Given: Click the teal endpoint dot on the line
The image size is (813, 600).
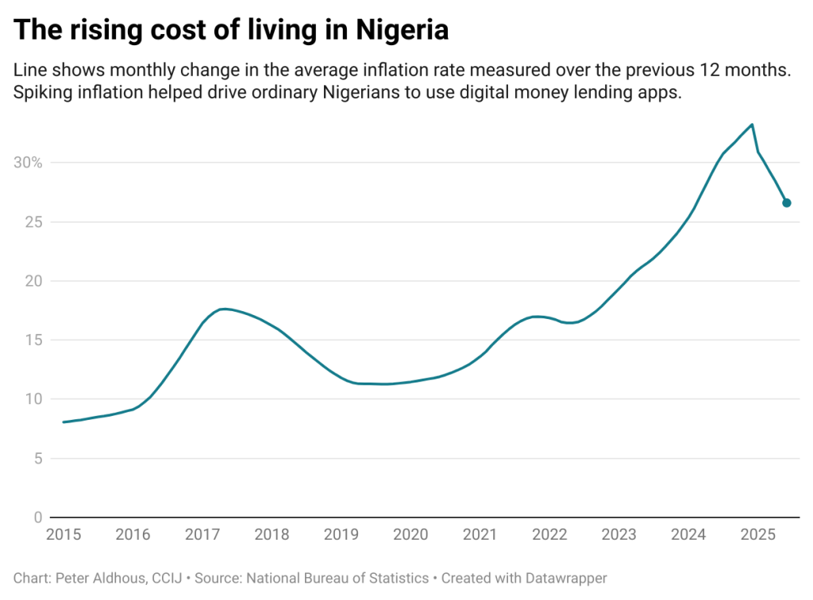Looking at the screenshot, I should pyautogui.click(x=787, y=203).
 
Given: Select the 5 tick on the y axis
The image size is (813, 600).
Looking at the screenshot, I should pyautogui.click(x=37, y=458).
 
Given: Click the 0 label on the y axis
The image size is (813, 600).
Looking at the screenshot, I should pyautogui.click(x=37, y=517).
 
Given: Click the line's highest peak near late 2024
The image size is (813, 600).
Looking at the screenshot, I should pyautogui.click(x=752, y=125).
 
